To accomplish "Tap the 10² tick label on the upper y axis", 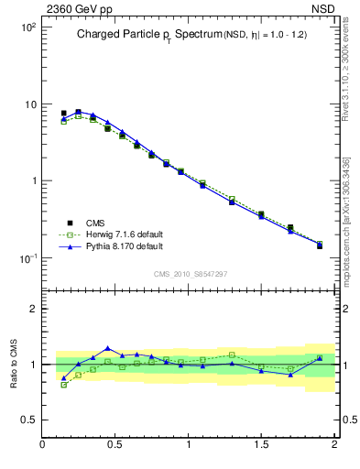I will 27,27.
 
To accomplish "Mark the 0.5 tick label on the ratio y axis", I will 27,420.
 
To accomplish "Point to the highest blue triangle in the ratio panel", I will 108,348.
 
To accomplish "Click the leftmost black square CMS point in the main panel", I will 63,114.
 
